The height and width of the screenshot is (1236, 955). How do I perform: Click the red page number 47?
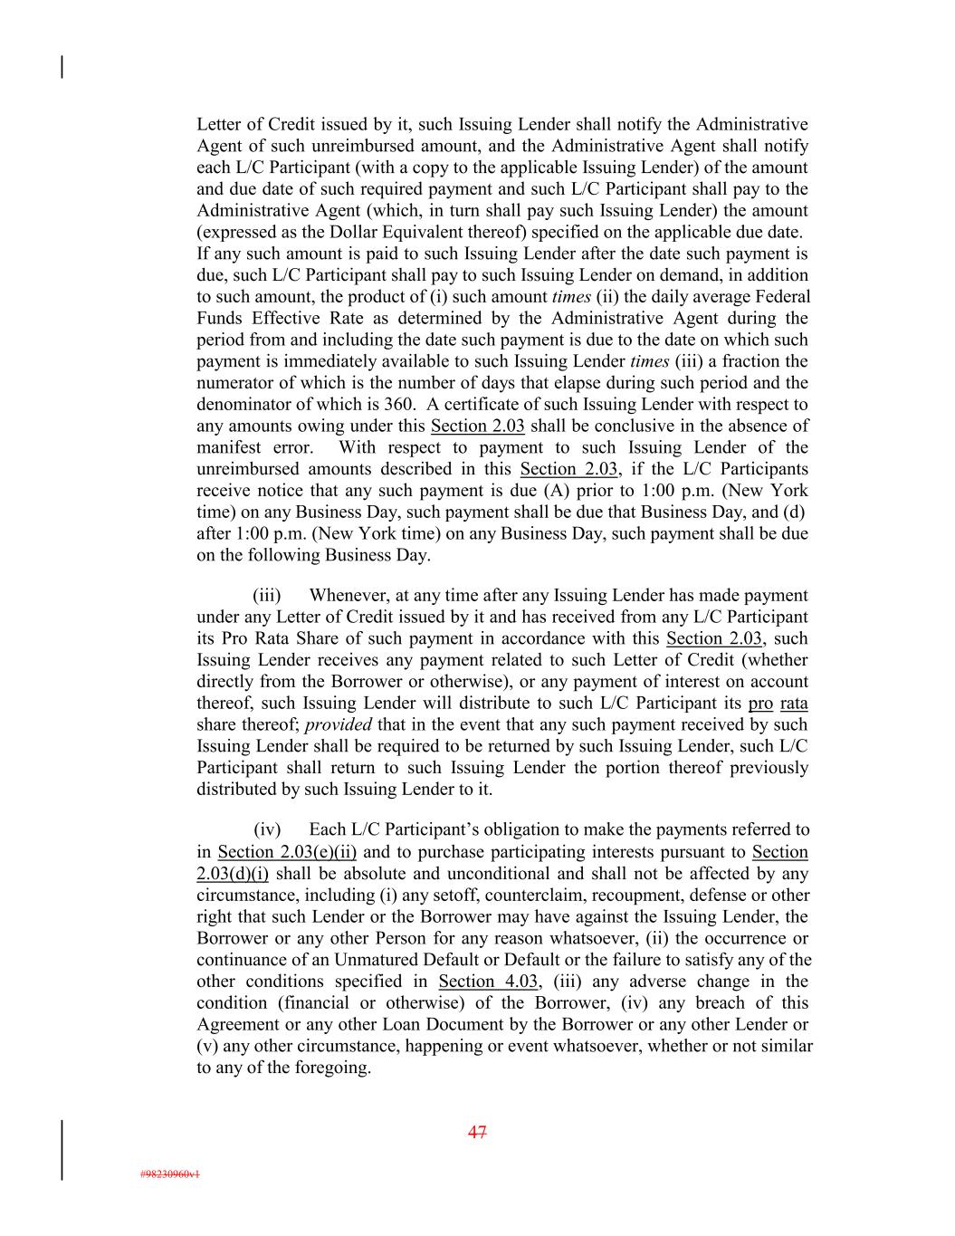click(477, 1132)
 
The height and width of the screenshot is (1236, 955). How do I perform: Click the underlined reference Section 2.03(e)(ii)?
click(287, 852)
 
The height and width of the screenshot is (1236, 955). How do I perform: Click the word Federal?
click(782, 297)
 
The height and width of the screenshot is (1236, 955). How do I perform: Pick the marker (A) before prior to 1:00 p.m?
click(554, 491)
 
